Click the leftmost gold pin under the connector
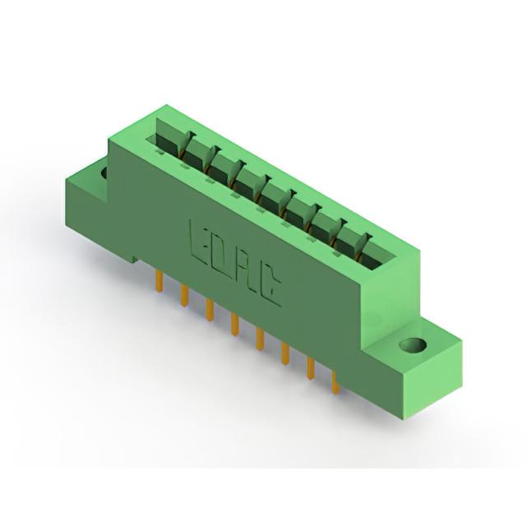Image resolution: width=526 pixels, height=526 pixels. (159, 279)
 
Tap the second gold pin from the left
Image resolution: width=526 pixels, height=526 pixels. (184, 295)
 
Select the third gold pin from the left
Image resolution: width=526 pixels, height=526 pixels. (210, 310)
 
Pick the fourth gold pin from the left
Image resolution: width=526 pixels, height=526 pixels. (235, 325)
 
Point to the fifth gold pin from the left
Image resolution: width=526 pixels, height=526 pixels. (260, 339)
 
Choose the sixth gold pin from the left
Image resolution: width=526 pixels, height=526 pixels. (285, 353)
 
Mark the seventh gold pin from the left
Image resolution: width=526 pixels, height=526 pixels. (311, 368)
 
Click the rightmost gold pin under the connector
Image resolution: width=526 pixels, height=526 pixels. (335, 381)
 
